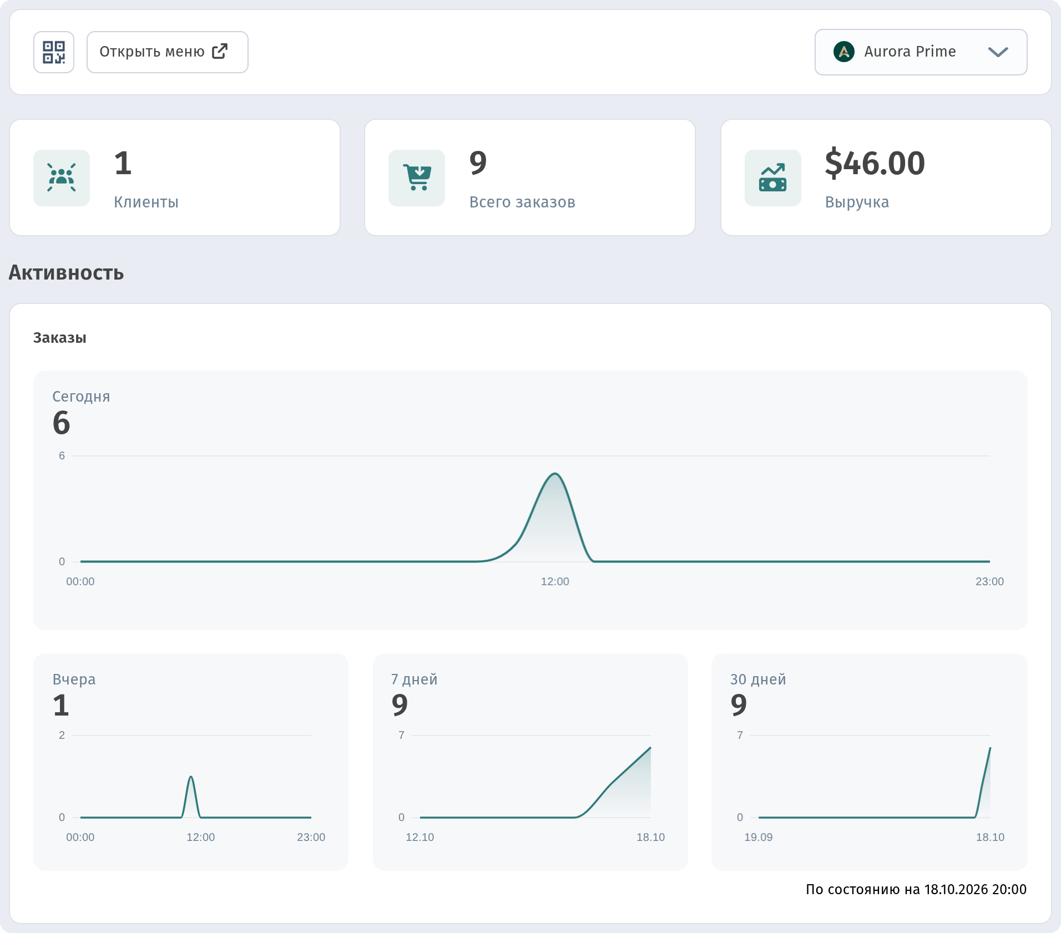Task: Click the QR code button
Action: (x=54, y=52)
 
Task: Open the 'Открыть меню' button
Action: (x=168, y=52)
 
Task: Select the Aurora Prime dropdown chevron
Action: (x=998, y=52)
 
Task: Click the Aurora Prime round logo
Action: (x=844, y=52)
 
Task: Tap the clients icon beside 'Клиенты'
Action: (x=62, y=178)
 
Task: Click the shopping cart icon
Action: (x=417, y=178)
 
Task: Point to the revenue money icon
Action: (x=773, y=178)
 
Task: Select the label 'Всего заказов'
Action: (x=522, y=202)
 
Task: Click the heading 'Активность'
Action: (x=66, y=273)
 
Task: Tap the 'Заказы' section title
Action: (x=60, y=338)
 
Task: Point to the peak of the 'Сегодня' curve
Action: (x=555, y=473)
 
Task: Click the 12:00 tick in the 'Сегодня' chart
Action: (x=555, y=581)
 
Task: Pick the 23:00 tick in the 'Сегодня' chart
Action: (x=990, y=581)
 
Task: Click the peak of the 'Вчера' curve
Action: (x=191, y=777)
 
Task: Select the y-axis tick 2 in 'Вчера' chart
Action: (x=62, y=735)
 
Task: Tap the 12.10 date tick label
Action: (x=420, y=837)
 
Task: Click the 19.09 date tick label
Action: (x=759, y=837)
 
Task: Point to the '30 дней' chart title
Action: (x=758, y=680)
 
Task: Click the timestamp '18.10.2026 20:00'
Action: (x=976, y=890)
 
